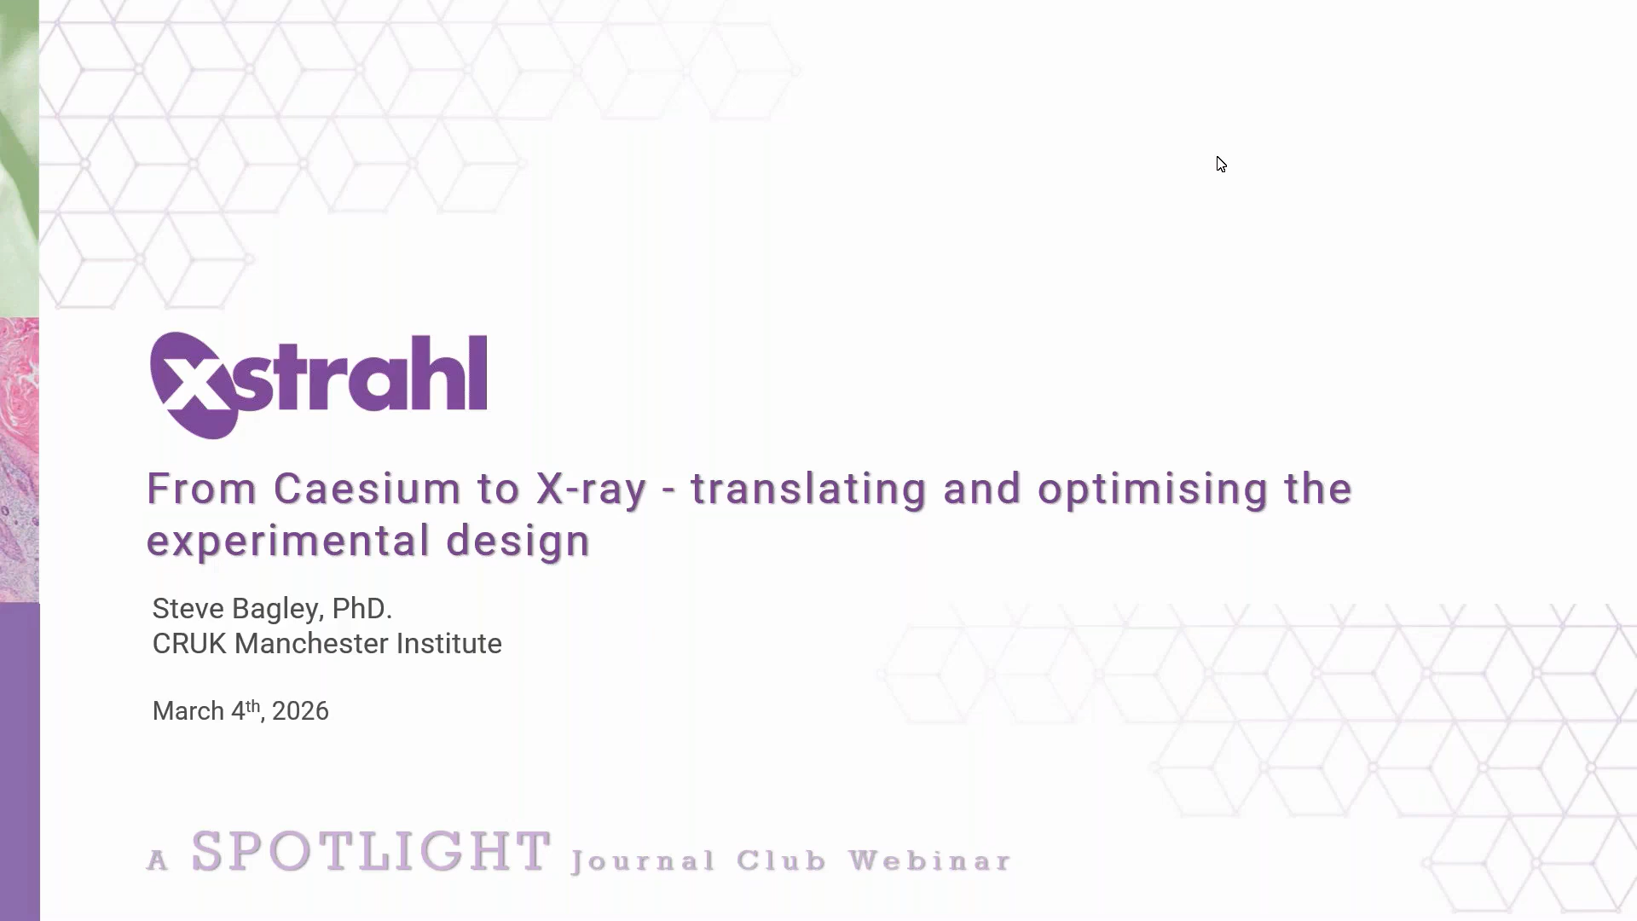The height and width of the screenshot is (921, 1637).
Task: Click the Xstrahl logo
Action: click(319, 385)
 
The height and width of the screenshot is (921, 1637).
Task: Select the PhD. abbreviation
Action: click(362, 609)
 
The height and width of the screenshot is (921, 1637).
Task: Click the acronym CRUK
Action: click(189, 644)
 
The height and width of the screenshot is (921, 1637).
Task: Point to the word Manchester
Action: click(311, 644)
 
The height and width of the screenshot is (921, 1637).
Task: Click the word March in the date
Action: click(188, 711)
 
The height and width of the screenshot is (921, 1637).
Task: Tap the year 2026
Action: click(300, 711)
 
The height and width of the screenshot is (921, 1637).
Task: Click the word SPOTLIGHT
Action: click(371, 851)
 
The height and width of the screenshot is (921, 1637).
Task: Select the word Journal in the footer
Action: click(644, 861)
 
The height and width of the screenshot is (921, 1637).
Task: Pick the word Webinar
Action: click(930, 860)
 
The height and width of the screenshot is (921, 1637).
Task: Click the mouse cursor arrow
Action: click(1221, 165)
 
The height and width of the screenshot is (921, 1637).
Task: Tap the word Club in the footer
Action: click(782, 860)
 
